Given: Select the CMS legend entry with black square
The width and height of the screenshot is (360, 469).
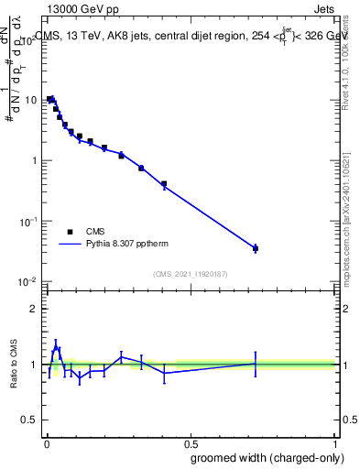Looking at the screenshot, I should [71, 232].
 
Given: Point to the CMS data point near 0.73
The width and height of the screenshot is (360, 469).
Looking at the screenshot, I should [256, 248].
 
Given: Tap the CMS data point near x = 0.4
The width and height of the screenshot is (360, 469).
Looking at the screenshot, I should [164, 184].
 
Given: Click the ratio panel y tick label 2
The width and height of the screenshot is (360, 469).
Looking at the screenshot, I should [33, 309].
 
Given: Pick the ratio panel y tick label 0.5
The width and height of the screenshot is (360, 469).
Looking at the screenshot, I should [29, 420].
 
